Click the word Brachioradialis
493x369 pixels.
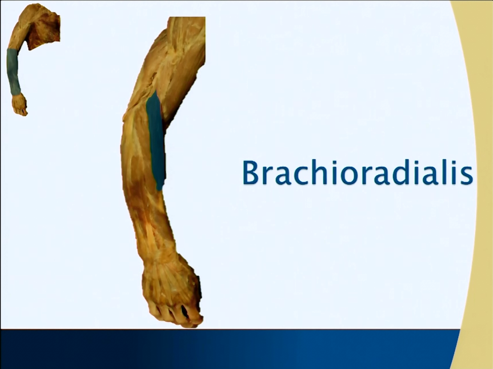pyautogui.click(x=358, y=173)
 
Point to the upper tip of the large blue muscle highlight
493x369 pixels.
pyautogui.click(x=154, y=91)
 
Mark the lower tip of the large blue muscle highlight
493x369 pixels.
pyautogui.click(x=159, y=190)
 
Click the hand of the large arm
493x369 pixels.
pyautogui.click(x=171, y=292)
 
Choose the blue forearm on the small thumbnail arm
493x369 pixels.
pyautogui.click(x=13, y=71)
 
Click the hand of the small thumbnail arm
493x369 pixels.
pyautogui.click(x=19, y=105)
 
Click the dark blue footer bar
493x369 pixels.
pyautogui.click(x=230, y=349)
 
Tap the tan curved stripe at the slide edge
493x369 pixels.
pyautogui.click(x=479, y=188)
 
